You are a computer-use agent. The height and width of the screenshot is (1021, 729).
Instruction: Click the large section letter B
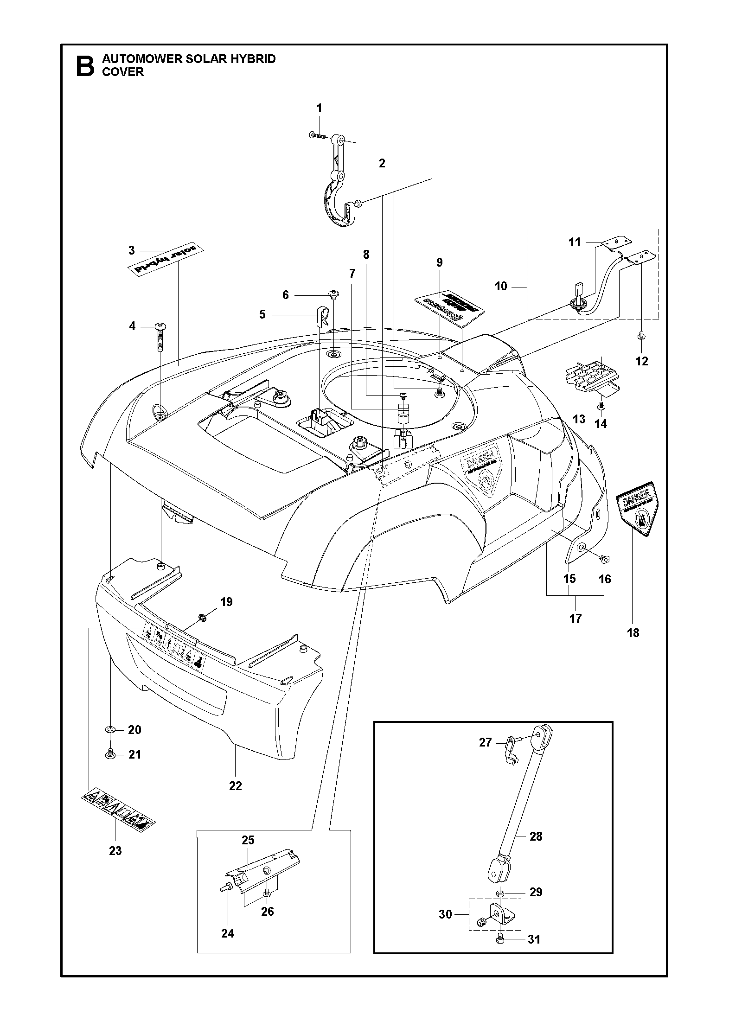click(85, 66)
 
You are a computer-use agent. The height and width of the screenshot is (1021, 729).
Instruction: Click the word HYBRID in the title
click(255, 59)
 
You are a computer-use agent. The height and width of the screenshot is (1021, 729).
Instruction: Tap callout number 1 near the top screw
click(319, 108)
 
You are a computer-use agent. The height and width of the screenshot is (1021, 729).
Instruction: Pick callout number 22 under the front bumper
click(236, 785)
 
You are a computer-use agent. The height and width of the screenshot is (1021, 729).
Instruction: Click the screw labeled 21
click(110, 754)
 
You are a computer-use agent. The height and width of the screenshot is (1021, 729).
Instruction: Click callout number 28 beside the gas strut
click(536, 836)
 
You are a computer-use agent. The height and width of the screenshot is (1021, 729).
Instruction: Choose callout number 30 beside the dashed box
click(445, 901)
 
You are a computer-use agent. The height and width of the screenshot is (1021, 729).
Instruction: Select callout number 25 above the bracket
click(248, 840)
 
